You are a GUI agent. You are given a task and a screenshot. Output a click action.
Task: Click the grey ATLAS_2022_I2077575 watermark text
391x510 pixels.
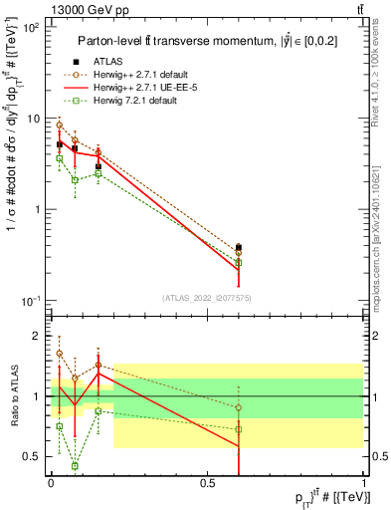206,297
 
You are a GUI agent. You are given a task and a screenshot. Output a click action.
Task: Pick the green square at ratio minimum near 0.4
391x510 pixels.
75,465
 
